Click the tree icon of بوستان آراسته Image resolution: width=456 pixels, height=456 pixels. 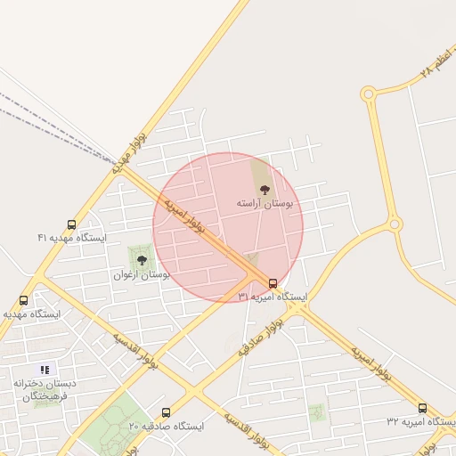coord(264,189)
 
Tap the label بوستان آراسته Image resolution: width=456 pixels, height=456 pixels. coord(265,204)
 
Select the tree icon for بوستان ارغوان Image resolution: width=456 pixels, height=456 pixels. coord(142,260)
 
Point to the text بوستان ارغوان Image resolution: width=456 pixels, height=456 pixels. coord(142,275)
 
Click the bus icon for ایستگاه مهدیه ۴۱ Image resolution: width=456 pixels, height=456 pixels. coord(71,224)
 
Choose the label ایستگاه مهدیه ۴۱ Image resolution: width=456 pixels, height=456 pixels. coord(71,238)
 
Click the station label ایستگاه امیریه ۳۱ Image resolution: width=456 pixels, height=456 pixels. coord(273,297)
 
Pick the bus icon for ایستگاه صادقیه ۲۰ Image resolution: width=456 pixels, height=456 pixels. coord(166,413)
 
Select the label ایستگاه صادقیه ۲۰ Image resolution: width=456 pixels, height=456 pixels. coord(166,427)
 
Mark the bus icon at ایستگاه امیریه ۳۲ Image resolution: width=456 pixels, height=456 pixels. coord(422,408)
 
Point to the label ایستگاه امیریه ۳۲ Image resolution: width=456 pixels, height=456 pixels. coord(419,420)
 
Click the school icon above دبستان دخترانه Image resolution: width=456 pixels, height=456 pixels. coord(45,369)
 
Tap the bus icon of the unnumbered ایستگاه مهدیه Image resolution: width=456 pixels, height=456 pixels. coord(23,301)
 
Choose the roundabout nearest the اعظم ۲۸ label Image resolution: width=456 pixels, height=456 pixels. coord(369,93)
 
